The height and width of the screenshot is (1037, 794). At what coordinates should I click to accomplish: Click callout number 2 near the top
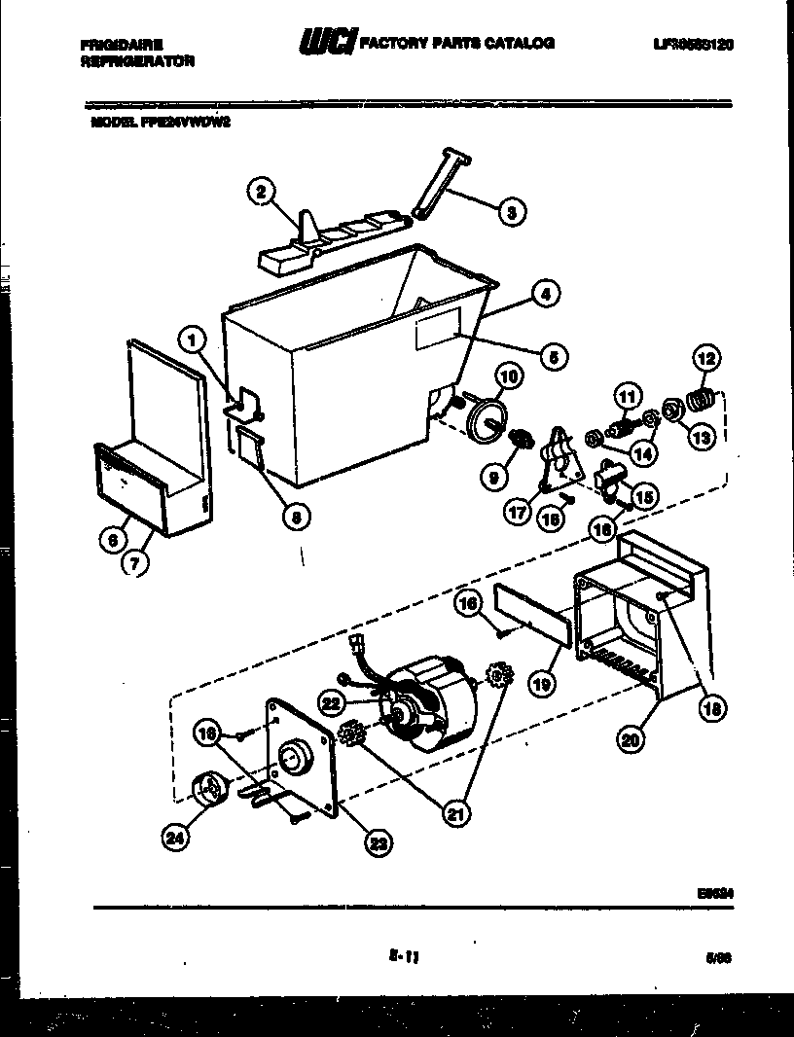pos(260,192)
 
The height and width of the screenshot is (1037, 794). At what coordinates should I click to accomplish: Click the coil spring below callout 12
pos(702,399)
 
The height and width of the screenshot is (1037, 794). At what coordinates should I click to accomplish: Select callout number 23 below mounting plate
pos(378,843)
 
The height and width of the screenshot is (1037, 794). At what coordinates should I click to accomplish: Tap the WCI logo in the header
pos(328,43)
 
